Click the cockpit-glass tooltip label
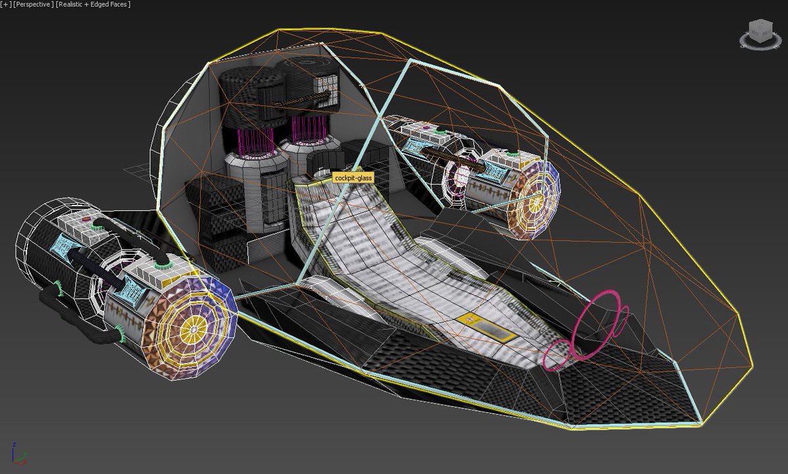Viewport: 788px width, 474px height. coord(353,178)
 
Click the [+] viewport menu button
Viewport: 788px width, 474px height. coord(6,5)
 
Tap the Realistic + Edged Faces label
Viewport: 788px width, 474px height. coord(93,5)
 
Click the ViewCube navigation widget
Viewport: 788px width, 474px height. coord(760,34)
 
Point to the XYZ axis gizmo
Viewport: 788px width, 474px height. coord(18,454)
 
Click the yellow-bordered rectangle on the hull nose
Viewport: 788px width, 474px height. coord(487,327)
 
